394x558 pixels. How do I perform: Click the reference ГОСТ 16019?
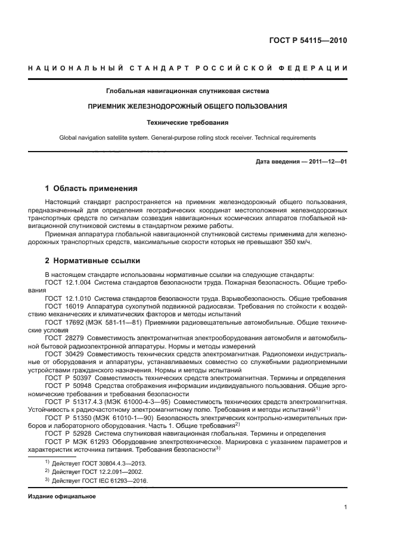tap(62, 306)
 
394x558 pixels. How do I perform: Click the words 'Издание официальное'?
tap(62, 496)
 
